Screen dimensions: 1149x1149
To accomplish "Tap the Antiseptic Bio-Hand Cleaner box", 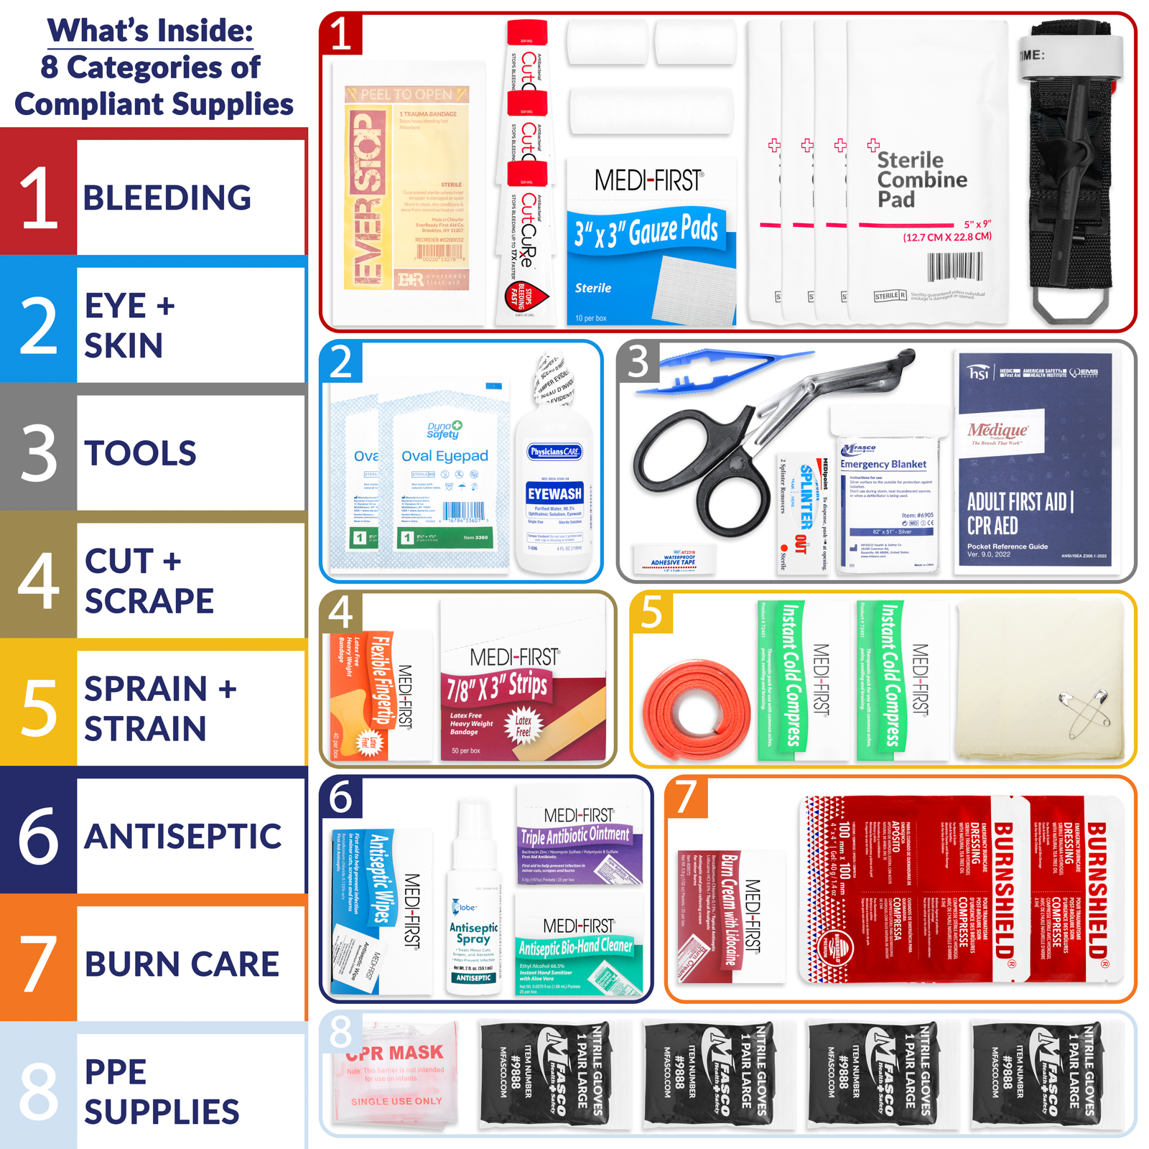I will click(x=579, y=948).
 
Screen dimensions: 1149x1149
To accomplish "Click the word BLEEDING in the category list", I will click(x=167, y=197).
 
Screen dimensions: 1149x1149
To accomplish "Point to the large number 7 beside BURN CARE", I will click(x=38, y=964).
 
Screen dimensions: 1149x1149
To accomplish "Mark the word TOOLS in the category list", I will click(x=141, y=453).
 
